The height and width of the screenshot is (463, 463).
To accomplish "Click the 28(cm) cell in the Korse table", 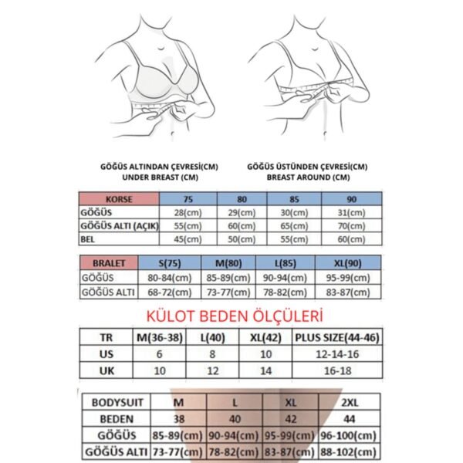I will (188, 211).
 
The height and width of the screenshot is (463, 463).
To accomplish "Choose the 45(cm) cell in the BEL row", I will (188, 239).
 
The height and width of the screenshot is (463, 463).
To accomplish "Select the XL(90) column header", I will (345, 263).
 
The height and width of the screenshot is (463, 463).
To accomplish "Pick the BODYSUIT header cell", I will (115, 403).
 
